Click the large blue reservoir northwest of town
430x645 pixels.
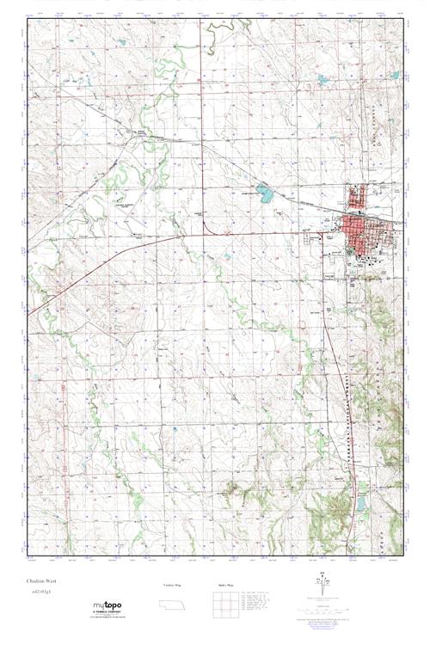(265, 194)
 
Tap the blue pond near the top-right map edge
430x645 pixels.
(323, 80)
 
